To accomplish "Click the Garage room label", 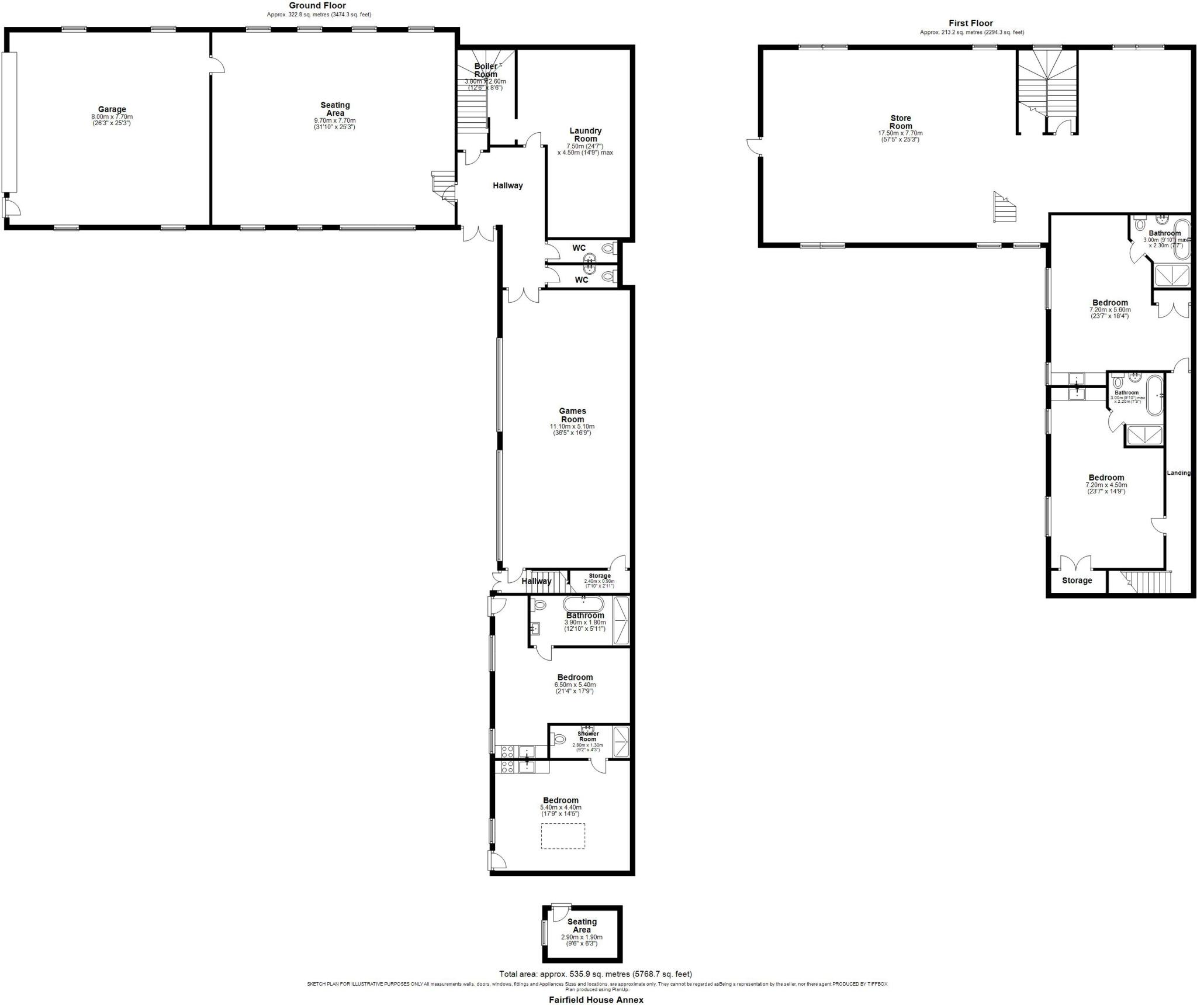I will click(112, 109).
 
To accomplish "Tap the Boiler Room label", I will click(486, 70).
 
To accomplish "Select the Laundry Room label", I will click(585, 135).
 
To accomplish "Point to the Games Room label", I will click(572, 415).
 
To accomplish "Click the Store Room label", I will click(901, 122).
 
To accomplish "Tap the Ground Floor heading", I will click(317, 6).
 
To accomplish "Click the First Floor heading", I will click(971, 23).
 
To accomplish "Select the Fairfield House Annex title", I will click(596, 1000).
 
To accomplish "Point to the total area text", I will click(595, 974).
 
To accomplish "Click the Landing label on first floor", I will click(1178, 473).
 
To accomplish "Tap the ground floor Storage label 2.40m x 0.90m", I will click(600, 576).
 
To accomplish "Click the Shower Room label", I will click(588, 737).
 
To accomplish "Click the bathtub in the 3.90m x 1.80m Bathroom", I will click(583, 604).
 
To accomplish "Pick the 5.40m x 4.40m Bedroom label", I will click(561, 800).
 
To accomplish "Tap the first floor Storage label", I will click(1077, 581).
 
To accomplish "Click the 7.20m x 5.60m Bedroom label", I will click(1110, 303).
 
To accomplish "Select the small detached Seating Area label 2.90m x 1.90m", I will click(582, 925).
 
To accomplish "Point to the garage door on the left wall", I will click(10, 123).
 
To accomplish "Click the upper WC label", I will click(579, 248).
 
